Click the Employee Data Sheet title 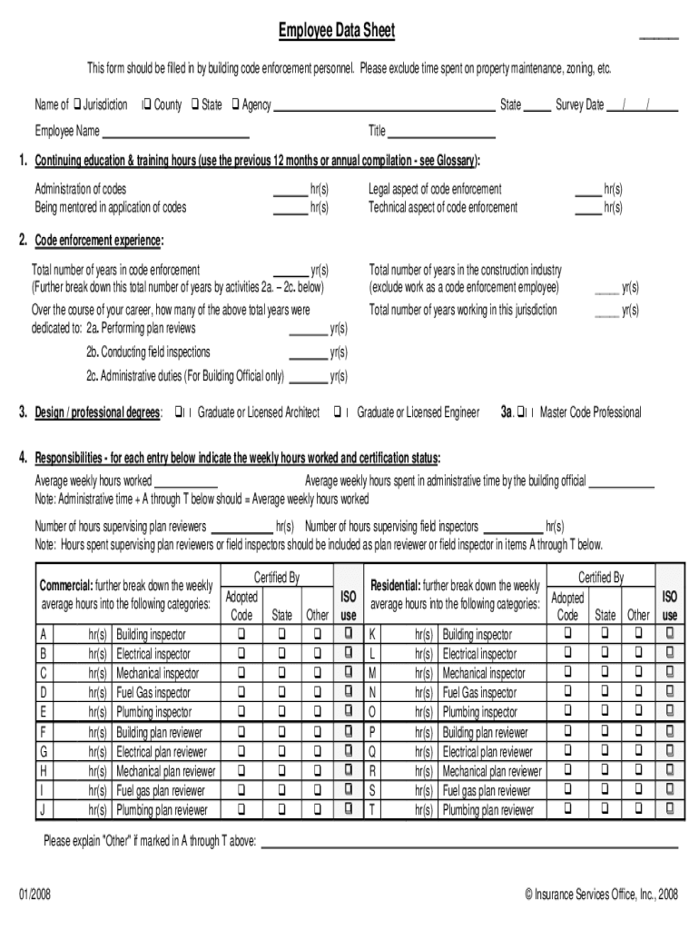tap(336, 32)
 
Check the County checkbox tap(145, 104)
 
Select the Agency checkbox tap(235, 104)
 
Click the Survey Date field tap(643, 105)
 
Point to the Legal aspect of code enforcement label tap(435, 189)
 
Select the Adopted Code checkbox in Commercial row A tap(241, 634)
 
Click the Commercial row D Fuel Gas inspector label tap(153, 693)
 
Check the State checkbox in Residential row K tap(605, 634)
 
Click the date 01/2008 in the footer tap(34, 895)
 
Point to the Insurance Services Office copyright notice tap(601, 895)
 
